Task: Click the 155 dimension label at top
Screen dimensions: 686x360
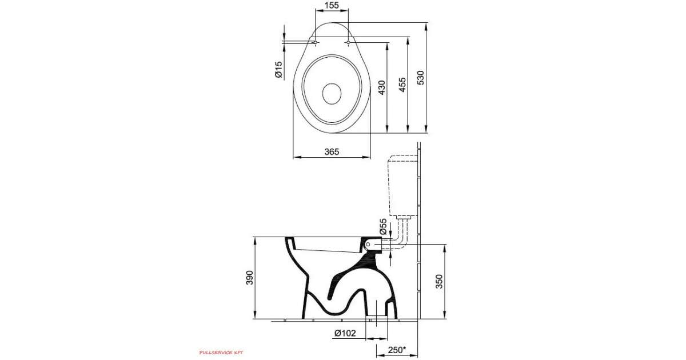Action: [332, 5]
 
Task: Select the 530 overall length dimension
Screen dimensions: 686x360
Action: [421, 78]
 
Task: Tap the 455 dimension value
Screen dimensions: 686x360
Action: [402, 85]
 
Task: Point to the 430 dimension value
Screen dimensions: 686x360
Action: [382, 87]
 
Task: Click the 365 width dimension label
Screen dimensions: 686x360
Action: [332, 151]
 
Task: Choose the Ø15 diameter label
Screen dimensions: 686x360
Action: [279, 70]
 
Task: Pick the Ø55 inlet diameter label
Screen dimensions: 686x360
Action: [383, 226]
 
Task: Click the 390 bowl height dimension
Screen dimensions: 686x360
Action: [250, 278]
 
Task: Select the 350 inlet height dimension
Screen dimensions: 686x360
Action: [440, 281]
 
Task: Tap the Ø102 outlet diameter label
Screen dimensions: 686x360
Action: [345, 333]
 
